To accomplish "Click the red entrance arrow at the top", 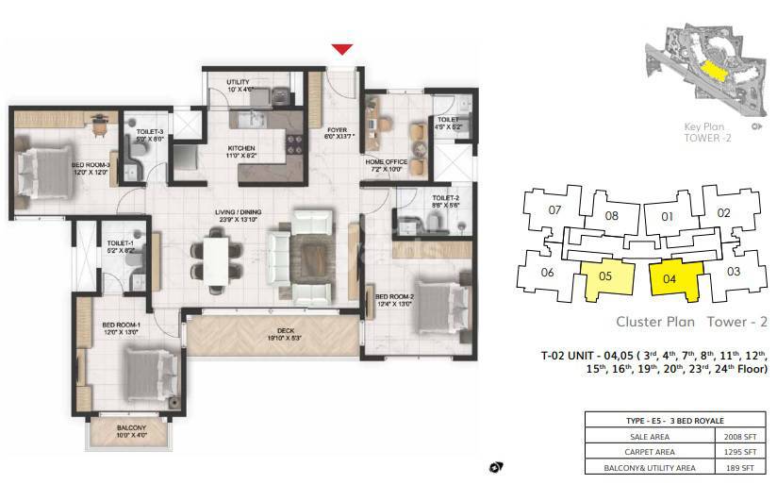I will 342,49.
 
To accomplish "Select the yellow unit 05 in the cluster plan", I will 605,278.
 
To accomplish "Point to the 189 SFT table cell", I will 738,467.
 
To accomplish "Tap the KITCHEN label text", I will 241,148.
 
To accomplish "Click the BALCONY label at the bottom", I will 130,426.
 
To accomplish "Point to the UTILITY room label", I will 238,83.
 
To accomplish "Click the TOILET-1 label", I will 121,243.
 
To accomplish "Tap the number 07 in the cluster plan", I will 554,209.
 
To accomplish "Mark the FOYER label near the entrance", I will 338,131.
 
